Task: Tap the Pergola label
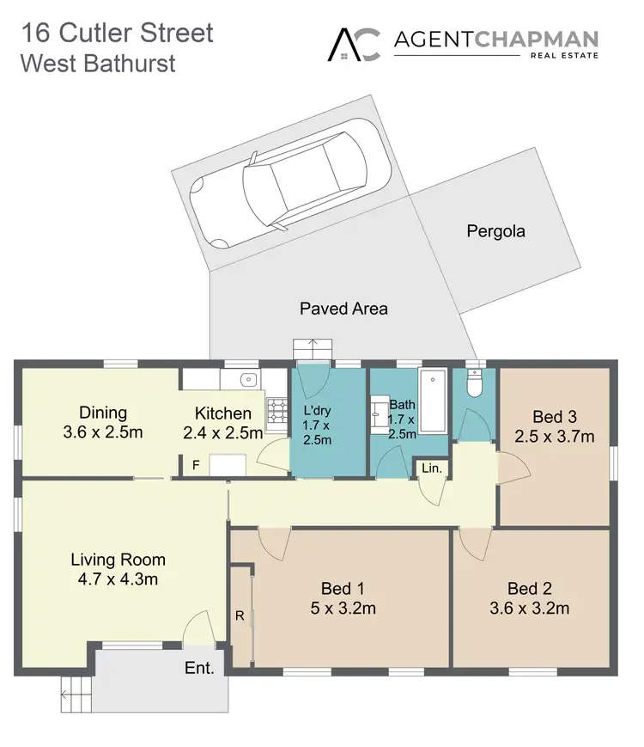(x=495, y=231)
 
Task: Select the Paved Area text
(x=343, y=308)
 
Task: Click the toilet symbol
(x=474, y=383)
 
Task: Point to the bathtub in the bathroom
(x=433, y=401)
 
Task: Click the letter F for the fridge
(x=196, y=466)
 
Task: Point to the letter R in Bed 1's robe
(x=240, y=615)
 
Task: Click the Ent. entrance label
(x=198, y=668)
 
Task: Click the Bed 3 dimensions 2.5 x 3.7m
(x=554, y=437)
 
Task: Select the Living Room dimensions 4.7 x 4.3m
(x=118, y=579)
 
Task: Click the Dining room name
(x=103, y=413)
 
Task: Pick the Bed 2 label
(x=529, y=589)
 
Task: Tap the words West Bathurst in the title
(x=98, y=64)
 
